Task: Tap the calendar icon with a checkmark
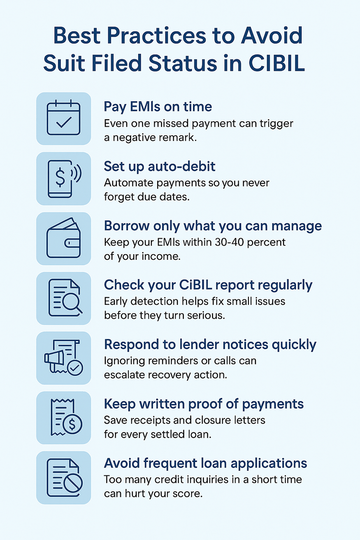click(63, 117)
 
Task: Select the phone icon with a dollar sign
click(64, 178)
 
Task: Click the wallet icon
click(63, 238)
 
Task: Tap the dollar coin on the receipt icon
click(72, 424)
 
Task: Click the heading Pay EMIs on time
click(158, 107)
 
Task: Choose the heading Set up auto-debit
click(160, 166)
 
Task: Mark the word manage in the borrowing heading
click(297, 226)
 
